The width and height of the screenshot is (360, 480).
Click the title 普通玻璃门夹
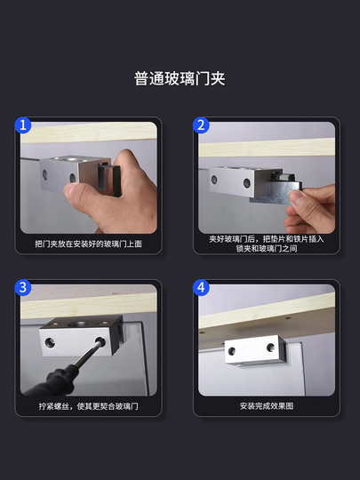[x=180, y=79]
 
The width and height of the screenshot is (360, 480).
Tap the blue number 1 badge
[x=23, y=125]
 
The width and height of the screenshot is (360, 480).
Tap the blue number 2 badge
[x=201, y=125]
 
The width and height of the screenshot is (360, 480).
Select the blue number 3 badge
[x=23, y=288]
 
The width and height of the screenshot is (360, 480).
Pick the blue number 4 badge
[x=201, y=288]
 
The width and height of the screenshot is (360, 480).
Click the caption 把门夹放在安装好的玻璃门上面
[x=89, y=244]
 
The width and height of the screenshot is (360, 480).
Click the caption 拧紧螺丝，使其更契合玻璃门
[x=89, y=406]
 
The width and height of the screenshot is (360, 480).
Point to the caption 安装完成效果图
[x=267, y=406]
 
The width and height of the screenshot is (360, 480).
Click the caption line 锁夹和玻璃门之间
[x=267, y=248]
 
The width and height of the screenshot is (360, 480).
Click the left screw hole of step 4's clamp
[x=232, y=351]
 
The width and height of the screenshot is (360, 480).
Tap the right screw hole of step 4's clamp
[x=270, y=348]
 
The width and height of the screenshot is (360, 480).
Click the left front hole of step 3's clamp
[x=50, y=343]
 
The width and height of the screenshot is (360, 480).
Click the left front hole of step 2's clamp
[x=214, y=180]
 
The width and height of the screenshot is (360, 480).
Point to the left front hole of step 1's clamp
[x=45, y=175]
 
